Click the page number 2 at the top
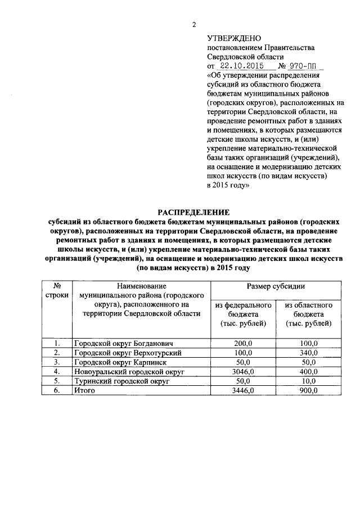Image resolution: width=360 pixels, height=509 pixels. point(193,24)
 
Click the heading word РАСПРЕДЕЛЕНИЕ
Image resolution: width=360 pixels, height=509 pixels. point(194,212)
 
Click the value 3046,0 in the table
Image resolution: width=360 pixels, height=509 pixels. point(244,372)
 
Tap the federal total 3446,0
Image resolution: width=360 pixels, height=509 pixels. point(244,391)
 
